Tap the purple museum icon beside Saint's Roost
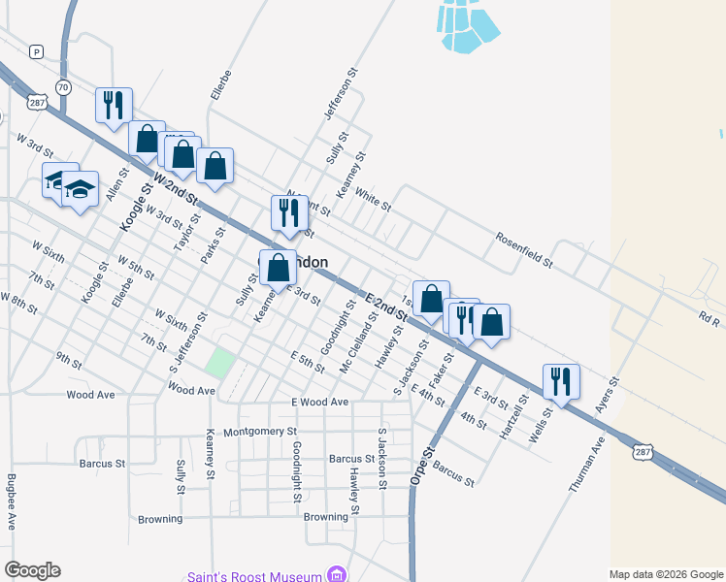pyautogui.click(x=336, y=574)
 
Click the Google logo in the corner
pyautogui.click(x=32, y=570)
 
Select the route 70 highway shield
pyautogui.click(x=63, y=87)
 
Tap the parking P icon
pyautogui.click(x=36, y=51)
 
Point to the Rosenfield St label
pyautogui.click(x=523, y=249)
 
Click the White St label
pyautogui.click(x=373, y=201)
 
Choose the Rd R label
pyautogui.click(x=710, y=318)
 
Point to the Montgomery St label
pyautogui.click(x=259, y=432)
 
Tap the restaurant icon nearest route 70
pyautogui.click(x=114, y=103)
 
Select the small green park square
pyautogui.click(x=220, y=362)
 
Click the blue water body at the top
pyautogui.click(x=466, y=26)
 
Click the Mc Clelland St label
pyautogui.click(x=355, y=343)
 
